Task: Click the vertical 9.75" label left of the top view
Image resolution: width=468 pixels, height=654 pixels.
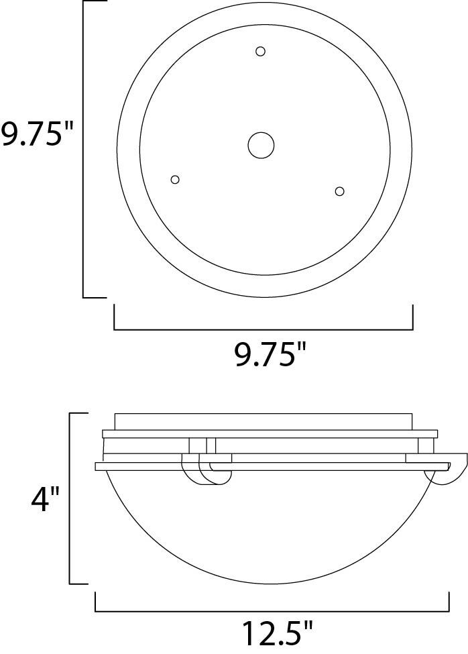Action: [x=36, y=135]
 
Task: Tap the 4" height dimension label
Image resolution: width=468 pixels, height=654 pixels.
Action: [x=45, y=500]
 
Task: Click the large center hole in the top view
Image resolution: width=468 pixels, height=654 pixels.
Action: [x=261, y=145]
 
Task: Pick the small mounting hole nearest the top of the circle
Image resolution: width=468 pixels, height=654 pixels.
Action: [x=261, y=51]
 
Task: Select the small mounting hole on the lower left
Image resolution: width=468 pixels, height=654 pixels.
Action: [x=175, y=179]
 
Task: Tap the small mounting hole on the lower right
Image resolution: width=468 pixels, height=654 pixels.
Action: [x=339, y=192]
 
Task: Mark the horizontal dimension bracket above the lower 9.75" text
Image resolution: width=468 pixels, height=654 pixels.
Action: [x=263, y=329]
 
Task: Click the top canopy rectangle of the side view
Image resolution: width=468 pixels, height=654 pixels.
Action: [x=263, y=421]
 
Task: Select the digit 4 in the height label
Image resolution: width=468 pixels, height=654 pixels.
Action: [x=38, y=500]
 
